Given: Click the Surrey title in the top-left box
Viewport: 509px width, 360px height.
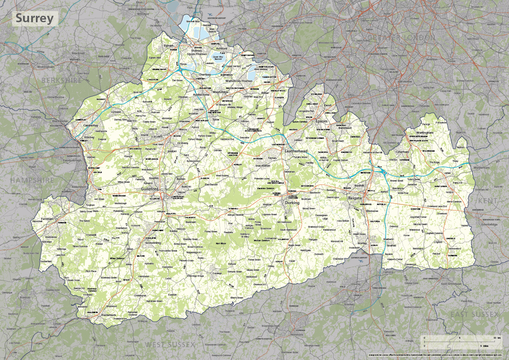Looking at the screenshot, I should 35,18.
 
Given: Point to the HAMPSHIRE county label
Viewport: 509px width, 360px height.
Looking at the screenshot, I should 33,180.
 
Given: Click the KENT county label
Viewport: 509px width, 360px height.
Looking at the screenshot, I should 487,200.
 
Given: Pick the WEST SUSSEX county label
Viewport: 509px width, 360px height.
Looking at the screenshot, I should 170,344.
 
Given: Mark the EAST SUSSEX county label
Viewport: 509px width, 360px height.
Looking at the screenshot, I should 474,314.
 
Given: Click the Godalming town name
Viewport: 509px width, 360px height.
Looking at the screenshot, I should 152,242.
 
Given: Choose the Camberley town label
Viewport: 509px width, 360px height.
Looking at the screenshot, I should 91,126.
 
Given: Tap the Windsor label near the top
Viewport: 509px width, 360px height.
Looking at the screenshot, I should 143,14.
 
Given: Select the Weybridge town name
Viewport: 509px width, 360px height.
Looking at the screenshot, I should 221,92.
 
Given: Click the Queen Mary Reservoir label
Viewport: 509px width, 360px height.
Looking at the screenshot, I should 218,57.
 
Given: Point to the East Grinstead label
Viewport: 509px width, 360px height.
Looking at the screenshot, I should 451,284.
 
